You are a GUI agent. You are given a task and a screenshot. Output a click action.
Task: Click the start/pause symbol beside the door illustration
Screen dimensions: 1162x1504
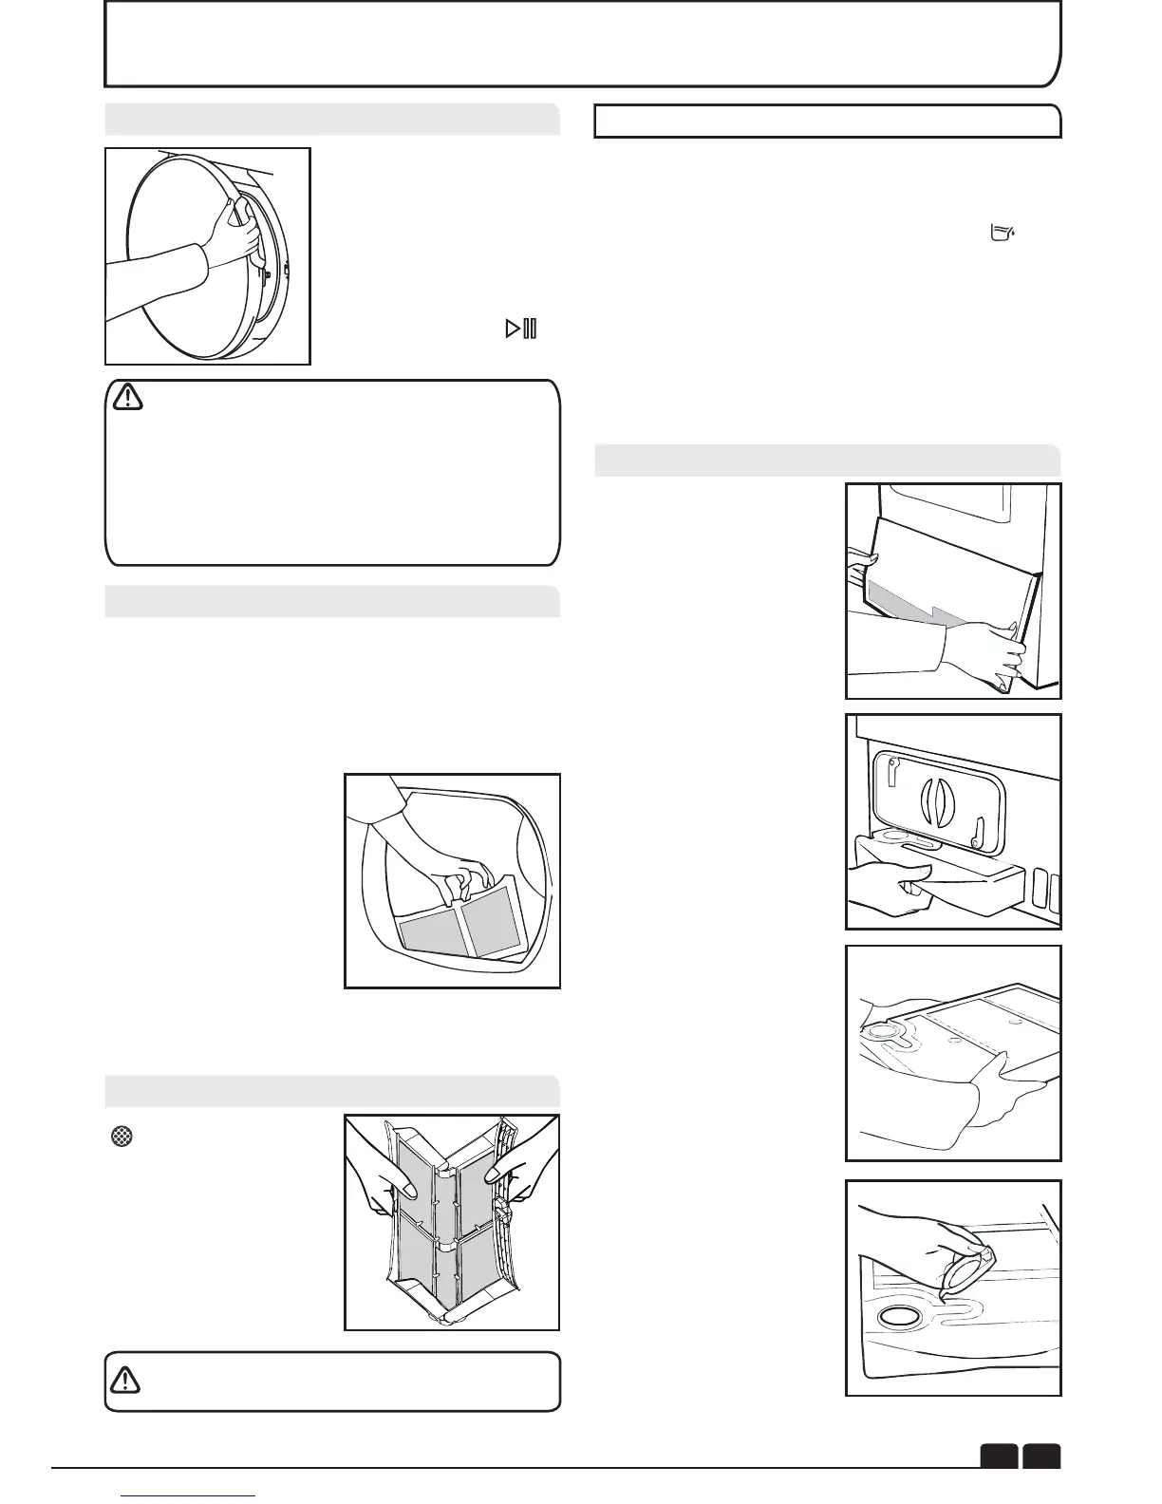[521, 329]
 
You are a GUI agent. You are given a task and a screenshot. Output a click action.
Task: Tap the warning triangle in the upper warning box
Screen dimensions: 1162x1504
[127, 397]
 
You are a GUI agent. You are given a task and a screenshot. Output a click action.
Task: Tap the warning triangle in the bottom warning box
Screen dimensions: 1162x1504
[124, 1380]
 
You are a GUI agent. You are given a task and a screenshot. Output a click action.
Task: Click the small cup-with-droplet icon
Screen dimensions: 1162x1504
[1002, 233]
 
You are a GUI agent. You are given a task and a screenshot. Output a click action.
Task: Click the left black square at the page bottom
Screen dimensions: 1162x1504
[1000, 1456]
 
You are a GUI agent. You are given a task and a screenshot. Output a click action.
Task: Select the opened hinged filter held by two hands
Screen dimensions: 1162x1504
[452, 1220]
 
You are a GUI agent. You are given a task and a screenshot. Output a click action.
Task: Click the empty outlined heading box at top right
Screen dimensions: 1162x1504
[827, 122]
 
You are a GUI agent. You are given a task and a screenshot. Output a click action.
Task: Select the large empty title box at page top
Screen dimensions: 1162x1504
[581, 44]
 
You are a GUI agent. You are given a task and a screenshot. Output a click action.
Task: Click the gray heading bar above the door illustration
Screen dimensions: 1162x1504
[331, 120]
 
